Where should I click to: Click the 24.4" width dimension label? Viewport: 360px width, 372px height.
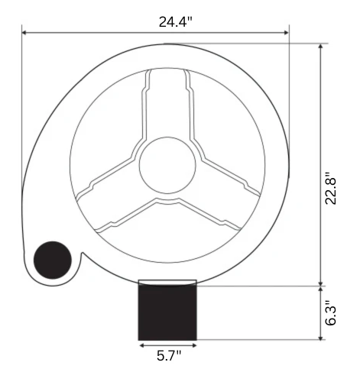pos(175,21)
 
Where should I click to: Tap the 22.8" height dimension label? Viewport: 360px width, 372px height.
pos(331,189)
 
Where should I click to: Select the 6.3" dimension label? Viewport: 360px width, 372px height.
pos(331,312)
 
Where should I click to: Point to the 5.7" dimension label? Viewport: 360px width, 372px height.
pos(169,355)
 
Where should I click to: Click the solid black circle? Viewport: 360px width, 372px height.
pos(53,260)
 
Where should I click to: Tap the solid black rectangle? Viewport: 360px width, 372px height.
pos(167,312)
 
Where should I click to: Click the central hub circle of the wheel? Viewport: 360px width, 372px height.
pos(167,165)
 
